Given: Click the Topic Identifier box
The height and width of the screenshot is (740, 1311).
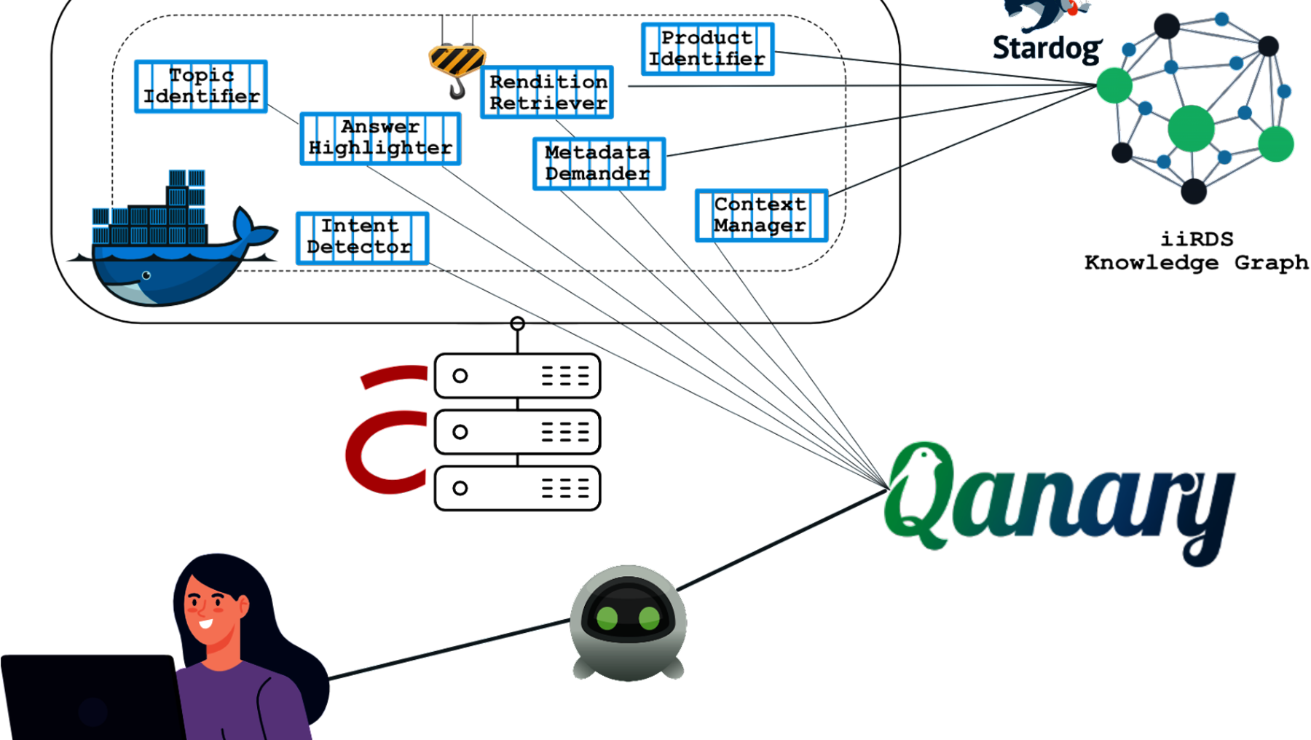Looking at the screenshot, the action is point(201,86).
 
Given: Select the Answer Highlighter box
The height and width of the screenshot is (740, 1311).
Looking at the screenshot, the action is point(380,138).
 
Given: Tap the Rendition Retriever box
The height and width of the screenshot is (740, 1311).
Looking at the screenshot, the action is point(547,92).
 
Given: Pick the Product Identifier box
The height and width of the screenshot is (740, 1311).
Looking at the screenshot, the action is point(707,49).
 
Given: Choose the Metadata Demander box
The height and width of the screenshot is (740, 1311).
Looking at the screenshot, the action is point(599,164).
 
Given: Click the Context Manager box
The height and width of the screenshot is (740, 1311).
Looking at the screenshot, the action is point(761,216).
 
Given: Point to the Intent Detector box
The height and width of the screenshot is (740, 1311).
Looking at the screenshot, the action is point(362,237).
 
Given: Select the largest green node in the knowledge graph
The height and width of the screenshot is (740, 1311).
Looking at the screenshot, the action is point(1191,128).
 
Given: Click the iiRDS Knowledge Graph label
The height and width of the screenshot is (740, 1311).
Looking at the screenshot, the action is point(1197,251).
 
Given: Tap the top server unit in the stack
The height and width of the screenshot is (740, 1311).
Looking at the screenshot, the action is point(517,376).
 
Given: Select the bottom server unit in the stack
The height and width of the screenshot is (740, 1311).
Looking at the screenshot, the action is point(517,488).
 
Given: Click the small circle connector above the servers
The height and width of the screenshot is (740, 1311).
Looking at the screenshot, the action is point(517,323).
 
